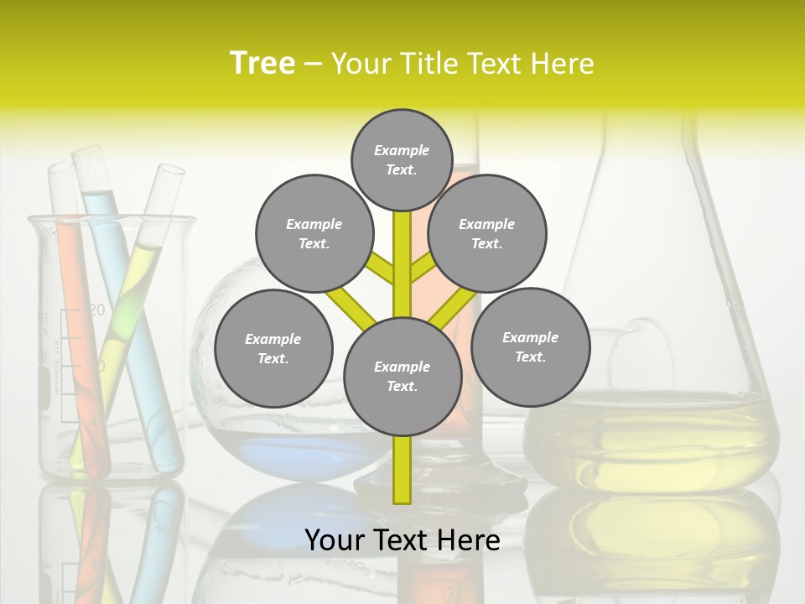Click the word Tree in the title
tap(262, 64)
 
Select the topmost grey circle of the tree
tap(402, 159)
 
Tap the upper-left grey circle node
tap(314, 233)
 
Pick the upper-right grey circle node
tap(487, 233)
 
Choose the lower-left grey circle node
tap(273, 348)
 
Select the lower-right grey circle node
tap(530, 346)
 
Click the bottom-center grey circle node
tap(402, 377)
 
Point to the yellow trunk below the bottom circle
tap(402, 470)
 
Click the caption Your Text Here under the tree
tap(402, 540)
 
